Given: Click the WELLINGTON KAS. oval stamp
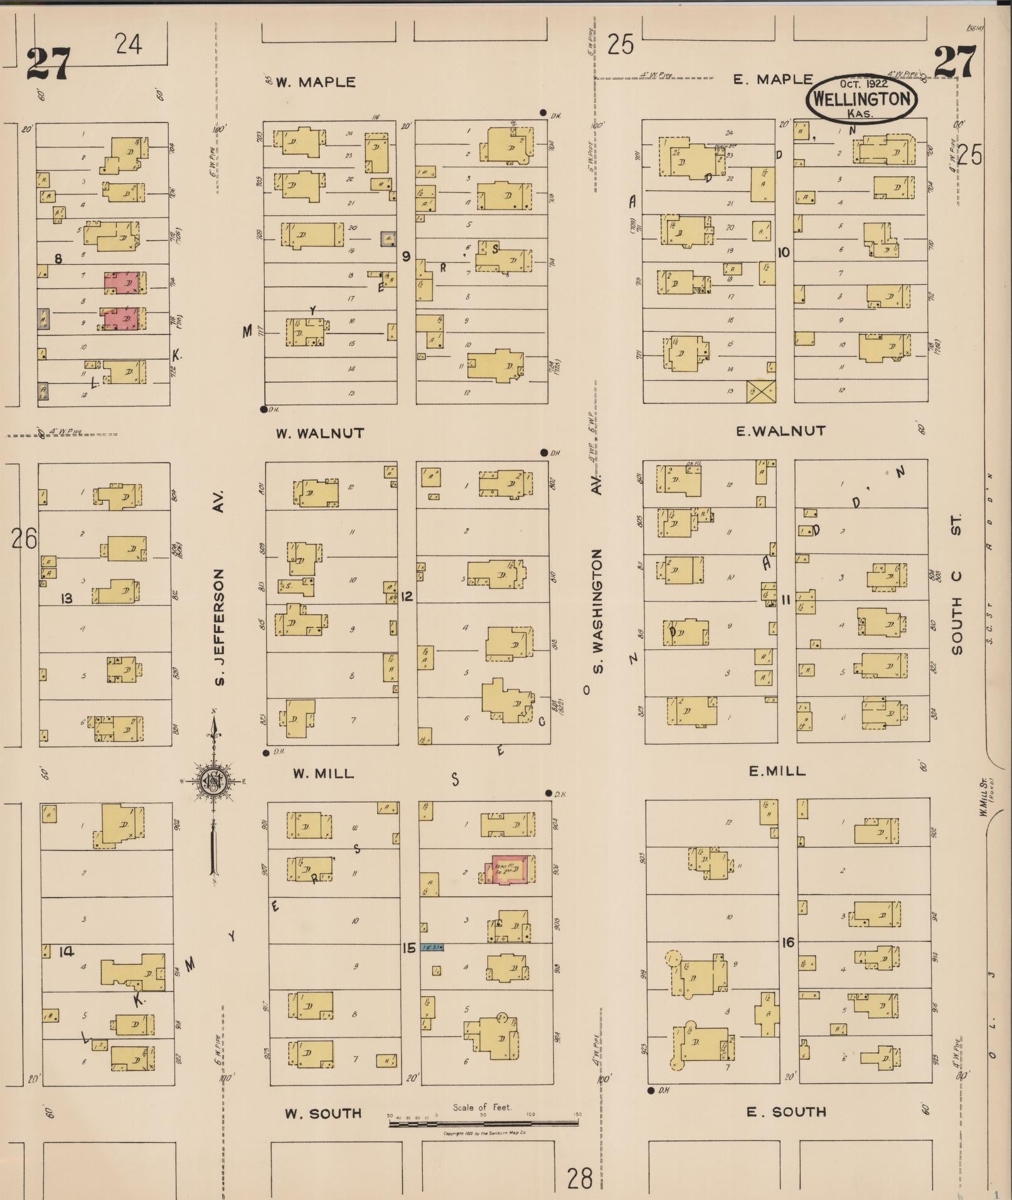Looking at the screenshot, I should click(x=861, y=100).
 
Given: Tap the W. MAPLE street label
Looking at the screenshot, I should click(x=316, y=82).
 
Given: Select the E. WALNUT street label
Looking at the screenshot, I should click(x=780, y=431).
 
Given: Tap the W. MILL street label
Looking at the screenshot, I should click(x=322, y=773).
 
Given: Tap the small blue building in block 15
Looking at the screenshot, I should click(x=432, y=947).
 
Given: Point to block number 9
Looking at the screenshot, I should click(x=407, y=256).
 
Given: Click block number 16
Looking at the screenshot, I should click(x=788, y=942).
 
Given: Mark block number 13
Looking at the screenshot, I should click(x=66, y=598).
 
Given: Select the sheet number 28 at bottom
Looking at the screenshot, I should click(x=579, y=1178).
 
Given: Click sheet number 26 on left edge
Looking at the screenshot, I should click(x=24, y=538).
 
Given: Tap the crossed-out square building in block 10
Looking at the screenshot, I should click(x=761, y=391).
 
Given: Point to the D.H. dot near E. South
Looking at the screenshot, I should click(x=651, y=1090).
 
